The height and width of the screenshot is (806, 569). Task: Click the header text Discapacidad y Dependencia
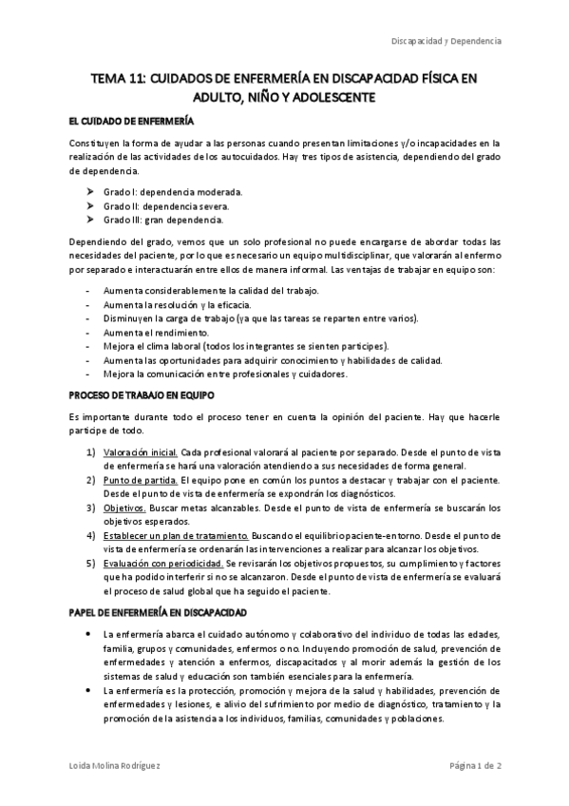(x=446, y=42)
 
